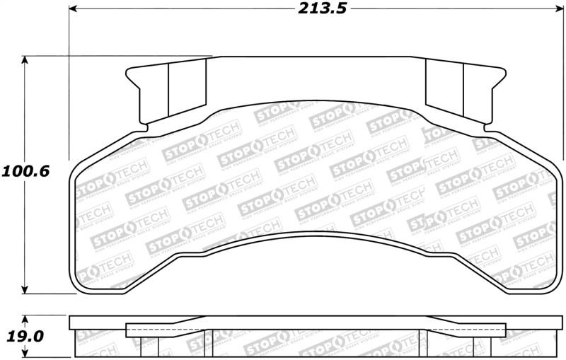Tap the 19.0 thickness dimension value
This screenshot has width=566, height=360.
coord(26,337)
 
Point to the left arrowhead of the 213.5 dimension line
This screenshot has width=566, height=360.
coord(73,10)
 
